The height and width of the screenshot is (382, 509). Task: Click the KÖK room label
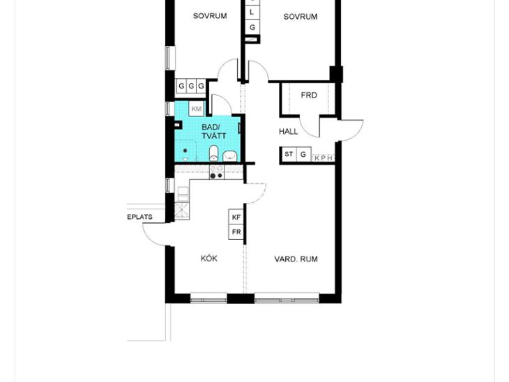coord(209,259)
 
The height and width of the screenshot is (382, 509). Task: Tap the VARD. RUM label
coord(296,259)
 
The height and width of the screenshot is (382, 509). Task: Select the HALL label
coord(288,132)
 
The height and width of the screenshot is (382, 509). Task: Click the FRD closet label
coord(309,95)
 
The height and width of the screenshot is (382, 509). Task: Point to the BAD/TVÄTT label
coord(213,131)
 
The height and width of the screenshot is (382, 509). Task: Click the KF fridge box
coord(236,217)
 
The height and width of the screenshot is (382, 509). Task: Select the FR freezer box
coord(236,232)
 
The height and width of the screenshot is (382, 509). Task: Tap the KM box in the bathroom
coord(197,109)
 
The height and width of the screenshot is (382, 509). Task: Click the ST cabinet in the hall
coord(289,154)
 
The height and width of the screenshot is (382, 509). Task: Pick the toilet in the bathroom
coord(213,153)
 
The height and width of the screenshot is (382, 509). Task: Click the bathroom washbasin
coord(230,156)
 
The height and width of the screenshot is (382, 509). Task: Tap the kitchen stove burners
coord(216,172)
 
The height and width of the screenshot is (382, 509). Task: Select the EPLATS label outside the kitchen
coord(139,217)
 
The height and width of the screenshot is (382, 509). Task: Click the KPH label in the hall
coord(324,158)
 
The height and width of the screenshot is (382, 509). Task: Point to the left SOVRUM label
coord(210,16)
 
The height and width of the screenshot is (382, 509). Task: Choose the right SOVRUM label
coord(301,17)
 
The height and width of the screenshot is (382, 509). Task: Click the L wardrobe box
coord(252,13)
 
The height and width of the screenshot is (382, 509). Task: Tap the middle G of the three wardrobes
coord(192,86)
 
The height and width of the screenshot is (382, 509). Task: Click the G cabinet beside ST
coord(303,155)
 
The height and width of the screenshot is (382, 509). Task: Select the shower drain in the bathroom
coord(185,151)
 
